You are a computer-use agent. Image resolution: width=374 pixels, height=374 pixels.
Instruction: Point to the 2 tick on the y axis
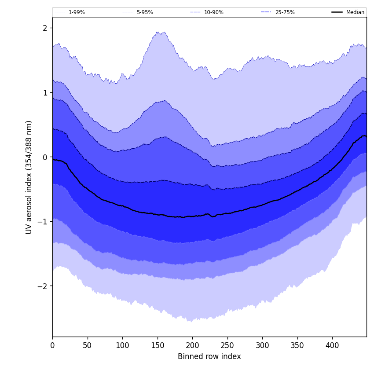click(45, 28)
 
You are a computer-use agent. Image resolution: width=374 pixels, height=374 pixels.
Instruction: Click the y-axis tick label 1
click(45, 93)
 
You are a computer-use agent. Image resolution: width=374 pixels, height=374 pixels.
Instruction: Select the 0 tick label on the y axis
click(45, 157)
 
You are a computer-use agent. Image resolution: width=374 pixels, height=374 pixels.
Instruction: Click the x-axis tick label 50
click(87, 345)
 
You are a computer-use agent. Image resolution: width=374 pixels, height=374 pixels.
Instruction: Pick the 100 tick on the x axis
click(122, 345)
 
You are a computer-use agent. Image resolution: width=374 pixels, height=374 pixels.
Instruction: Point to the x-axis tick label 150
click(157, 345)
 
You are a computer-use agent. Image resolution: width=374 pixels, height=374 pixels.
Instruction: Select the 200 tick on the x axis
click(192, 345)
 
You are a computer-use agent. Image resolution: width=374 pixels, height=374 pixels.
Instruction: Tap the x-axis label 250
click(227, 345)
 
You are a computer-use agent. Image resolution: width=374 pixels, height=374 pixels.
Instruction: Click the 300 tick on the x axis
click(262, 345)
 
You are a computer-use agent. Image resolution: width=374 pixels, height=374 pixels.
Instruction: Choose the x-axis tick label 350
click(297, 345)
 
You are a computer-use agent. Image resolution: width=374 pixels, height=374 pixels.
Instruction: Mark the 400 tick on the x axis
click(332, 345)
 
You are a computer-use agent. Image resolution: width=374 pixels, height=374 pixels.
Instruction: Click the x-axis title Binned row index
click(209, 357)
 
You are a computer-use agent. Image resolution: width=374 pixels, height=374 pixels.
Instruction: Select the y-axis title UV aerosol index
click(29, 177)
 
